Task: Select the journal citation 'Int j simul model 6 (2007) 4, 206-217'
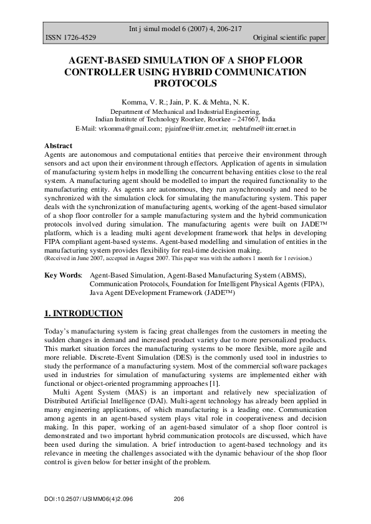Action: [185, 29]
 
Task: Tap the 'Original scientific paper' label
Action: [289, 38]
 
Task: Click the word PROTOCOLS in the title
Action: [185, 83]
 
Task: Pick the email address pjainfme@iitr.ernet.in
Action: [196, 128]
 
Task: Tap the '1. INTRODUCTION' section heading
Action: [84, 313]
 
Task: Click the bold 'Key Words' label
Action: [62, 274]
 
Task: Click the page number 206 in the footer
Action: [179, 499]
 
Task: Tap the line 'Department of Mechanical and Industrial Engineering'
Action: [185, 110]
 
